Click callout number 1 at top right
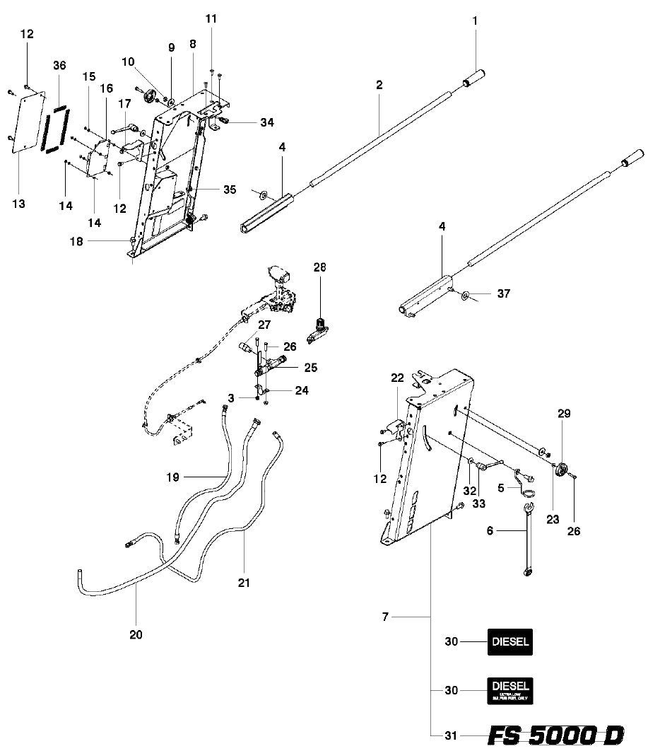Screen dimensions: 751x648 coord(475,21)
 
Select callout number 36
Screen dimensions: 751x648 coord(59,65)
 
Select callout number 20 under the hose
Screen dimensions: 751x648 coord(136,634)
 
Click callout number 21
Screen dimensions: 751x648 coord(244,583)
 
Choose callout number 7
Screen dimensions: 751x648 coord(385,617)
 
